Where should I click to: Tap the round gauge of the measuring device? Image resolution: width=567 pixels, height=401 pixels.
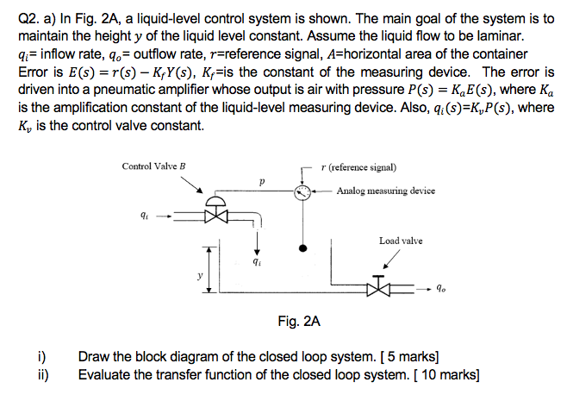coord(301,192)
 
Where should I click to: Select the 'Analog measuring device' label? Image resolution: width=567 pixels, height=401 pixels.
coord(385,191)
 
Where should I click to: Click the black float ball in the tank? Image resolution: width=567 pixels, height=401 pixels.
coord(302,249)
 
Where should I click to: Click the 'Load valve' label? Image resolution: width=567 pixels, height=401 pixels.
coord(401,241)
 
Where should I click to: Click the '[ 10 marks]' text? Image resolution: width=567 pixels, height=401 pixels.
coord(447,375)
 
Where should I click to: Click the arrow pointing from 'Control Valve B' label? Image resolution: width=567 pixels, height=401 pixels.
coord(195,186)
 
